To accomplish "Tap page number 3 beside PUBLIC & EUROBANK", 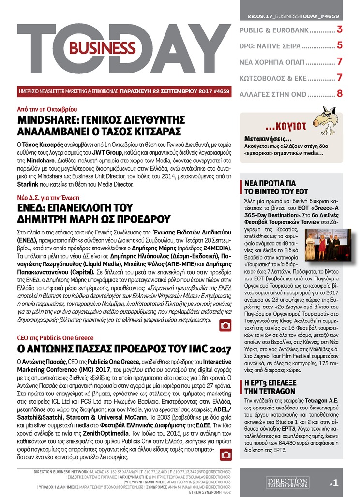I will tap(340, 30).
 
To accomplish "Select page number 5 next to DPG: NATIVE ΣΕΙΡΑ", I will tap(340, 46).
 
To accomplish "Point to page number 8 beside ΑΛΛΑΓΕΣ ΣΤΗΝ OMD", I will tap(340, 93).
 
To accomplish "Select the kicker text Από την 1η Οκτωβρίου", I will tap(47, 110).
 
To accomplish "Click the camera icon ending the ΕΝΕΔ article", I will tap(225, 326).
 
